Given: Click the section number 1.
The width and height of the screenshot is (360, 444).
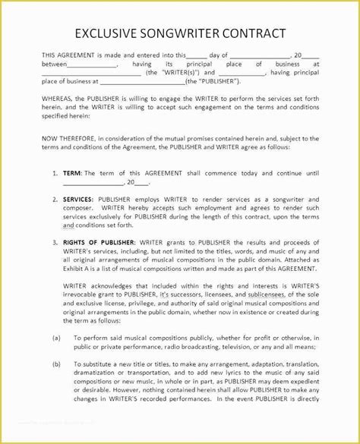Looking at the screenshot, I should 55,173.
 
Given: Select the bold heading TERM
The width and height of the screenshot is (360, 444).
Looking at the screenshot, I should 73,173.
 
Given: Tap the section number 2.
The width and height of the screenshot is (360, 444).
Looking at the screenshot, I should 55,198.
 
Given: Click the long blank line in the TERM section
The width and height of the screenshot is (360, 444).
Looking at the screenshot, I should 92,182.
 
